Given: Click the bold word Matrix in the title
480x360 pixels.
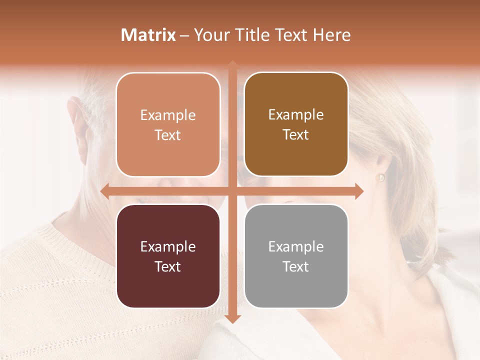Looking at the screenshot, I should [148, 35].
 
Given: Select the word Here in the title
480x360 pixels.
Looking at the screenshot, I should [332, 35].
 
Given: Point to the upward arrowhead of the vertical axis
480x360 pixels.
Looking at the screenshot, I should [232, 64].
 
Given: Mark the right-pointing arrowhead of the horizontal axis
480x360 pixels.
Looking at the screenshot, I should [359, 191].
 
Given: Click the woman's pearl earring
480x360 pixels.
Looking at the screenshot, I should [380, 177].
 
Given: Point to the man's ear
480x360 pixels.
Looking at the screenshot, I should [79, 120].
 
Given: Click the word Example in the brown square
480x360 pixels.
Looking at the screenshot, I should [296, 114].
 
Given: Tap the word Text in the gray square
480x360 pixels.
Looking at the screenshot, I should [296, 267].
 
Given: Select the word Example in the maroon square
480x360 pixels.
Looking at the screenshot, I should [168, 246].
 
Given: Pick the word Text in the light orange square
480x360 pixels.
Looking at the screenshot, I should [168, 135].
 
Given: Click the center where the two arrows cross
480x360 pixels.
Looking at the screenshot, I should [232, 191].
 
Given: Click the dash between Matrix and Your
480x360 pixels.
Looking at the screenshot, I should [184, 35].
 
